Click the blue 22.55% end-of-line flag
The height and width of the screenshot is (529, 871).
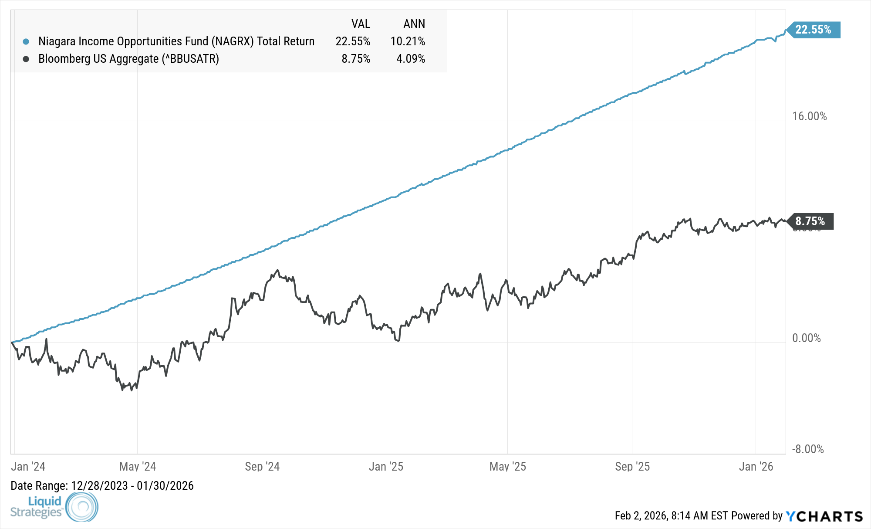814,30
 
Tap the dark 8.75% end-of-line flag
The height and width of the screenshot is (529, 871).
810,221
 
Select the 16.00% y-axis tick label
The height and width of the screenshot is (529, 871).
809,116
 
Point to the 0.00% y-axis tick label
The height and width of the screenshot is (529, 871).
806,338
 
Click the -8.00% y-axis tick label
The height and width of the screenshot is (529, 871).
807,449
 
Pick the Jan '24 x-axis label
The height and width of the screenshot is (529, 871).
28,467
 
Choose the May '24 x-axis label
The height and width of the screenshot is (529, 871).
138,467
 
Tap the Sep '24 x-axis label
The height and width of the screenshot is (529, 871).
262,467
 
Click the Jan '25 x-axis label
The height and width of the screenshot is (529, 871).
386,467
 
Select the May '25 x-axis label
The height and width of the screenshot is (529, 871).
508,467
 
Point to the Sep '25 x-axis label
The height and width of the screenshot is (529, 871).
632,467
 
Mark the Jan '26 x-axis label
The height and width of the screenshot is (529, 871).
756,467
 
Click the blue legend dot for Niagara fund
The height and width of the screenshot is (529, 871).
26,42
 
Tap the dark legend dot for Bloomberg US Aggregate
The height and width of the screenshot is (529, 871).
26,59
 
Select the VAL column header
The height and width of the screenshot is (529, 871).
361,24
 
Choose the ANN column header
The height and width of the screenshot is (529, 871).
414,24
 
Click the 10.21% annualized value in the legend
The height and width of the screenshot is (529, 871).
408,41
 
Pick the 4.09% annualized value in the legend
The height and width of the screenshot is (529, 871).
411,59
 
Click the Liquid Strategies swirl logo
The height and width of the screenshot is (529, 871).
82,506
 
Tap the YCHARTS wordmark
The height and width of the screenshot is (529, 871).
824,516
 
